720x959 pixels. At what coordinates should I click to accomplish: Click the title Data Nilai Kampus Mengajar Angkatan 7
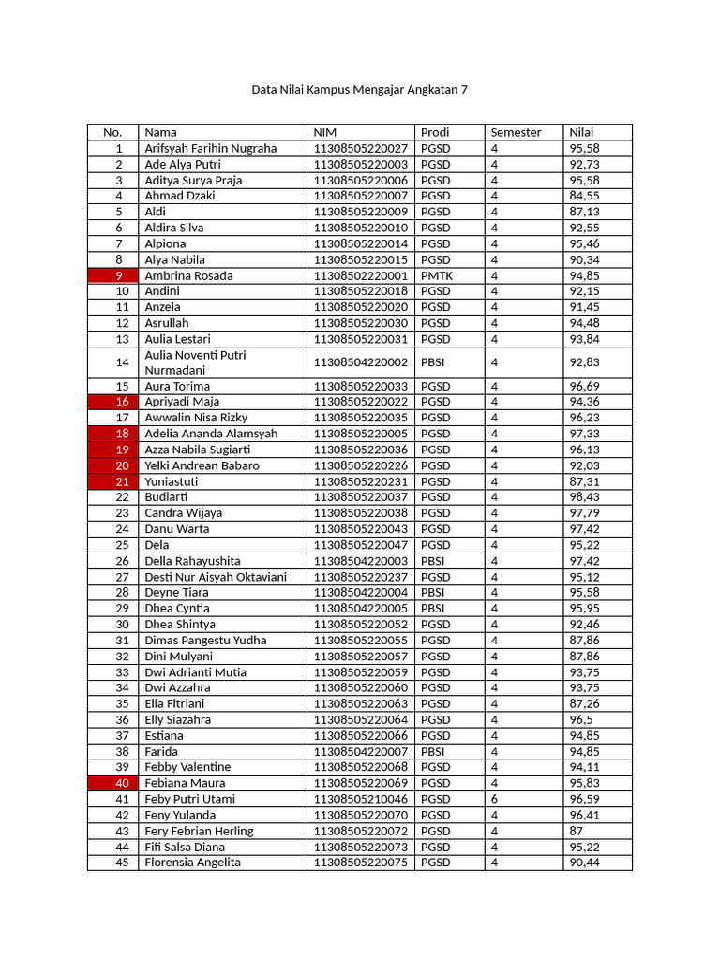coord(359,90)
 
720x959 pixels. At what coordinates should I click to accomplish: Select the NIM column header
coord(324,132)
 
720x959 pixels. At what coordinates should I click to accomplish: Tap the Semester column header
coord(516,132)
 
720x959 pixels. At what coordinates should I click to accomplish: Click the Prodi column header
coord(434,132)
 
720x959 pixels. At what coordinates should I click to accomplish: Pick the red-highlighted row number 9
coord(119,275)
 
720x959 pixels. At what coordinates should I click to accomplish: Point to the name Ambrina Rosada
coord(188,275)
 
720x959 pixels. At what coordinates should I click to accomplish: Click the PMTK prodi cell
coord(437,275)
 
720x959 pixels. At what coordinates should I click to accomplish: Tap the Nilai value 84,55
coord(584,196)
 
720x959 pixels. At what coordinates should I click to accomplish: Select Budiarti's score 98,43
coord(584,497)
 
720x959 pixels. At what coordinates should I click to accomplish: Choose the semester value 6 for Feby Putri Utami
coord(494,799)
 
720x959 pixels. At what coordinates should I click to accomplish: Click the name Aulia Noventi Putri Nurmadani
coord(195,362)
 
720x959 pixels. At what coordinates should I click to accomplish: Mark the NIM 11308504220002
coord(360,362)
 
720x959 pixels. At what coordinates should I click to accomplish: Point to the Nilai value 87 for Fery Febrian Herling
coord(577,831)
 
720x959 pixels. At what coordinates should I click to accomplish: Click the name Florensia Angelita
coord(192,863)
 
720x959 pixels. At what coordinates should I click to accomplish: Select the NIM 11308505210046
coord(360,799)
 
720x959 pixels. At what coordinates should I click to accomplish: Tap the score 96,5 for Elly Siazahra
coord(580,719)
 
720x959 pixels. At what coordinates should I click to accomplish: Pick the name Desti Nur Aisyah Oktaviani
coord(216,577)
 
